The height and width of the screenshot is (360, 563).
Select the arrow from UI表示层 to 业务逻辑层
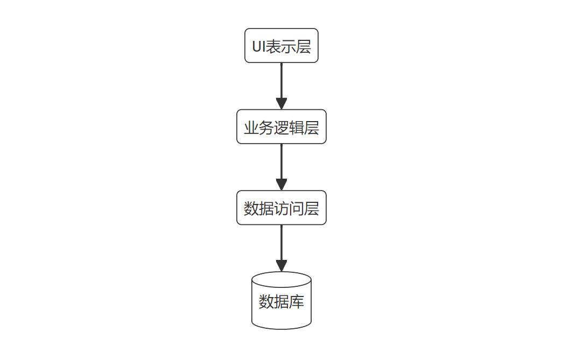pos(281,81)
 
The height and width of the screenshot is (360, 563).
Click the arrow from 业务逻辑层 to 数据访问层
pos(281,161)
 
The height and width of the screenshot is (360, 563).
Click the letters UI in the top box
pos(259,47)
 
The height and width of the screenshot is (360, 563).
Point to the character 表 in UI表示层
pos(274,47)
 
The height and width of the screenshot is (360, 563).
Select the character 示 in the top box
pos(289,47)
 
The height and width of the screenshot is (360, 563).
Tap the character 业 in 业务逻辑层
pos(251,128)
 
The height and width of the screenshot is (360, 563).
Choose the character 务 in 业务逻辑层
pos(266,128)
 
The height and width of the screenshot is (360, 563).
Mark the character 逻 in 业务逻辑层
pos(281,128)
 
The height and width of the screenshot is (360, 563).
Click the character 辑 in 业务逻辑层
pos(297,128)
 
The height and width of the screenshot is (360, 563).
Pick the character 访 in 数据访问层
pos(281,208)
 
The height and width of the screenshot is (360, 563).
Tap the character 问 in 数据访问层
pos(297,208)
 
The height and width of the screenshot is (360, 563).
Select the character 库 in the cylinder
pos(297,302)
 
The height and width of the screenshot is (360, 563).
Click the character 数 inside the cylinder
pos(266,302)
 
